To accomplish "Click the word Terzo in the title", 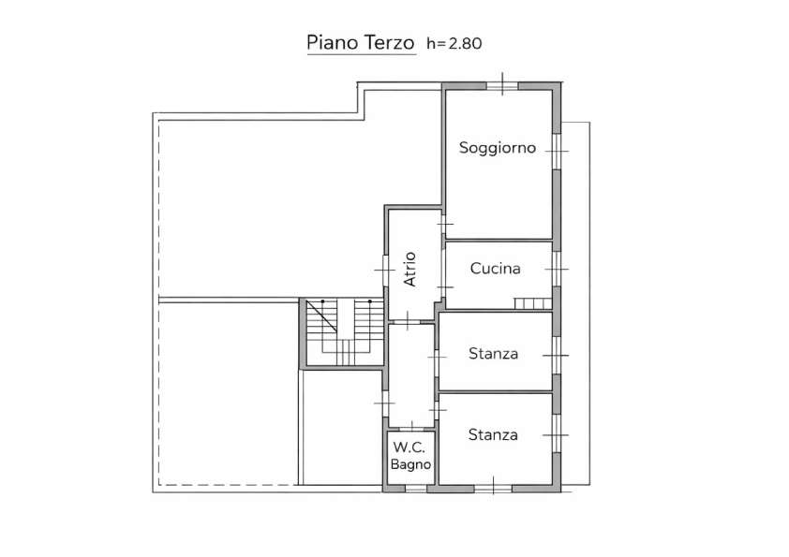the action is coord(389,43).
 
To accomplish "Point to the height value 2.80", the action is coord(465,44).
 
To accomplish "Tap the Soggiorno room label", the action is coord(498,148).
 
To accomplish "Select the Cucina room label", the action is coord(495,269).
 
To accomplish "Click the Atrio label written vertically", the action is coord(410,269).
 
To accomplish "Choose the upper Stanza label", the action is coord(493,354).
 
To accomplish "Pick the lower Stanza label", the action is coord(493,435).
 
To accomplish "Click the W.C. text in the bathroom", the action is coord(409,447).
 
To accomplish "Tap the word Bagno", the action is coord(410,464).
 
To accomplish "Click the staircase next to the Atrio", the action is coord(345,332).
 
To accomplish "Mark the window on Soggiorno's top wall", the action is coord(502,86).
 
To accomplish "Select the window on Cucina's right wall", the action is coord(557,269).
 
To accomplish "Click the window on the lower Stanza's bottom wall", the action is coord(493,488).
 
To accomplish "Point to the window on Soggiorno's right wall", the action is coord(557,152).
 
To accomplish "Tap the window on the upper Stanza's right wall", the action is coord(557,356).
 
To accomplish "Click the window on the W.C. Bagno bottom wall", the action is coord(416,488).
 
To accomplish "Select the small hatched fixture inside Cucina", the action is coord(532,303).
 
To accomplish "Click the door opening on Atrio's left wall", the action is coord(385,270).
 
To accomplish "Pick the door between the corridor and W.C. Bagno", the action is coord(411,428).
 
